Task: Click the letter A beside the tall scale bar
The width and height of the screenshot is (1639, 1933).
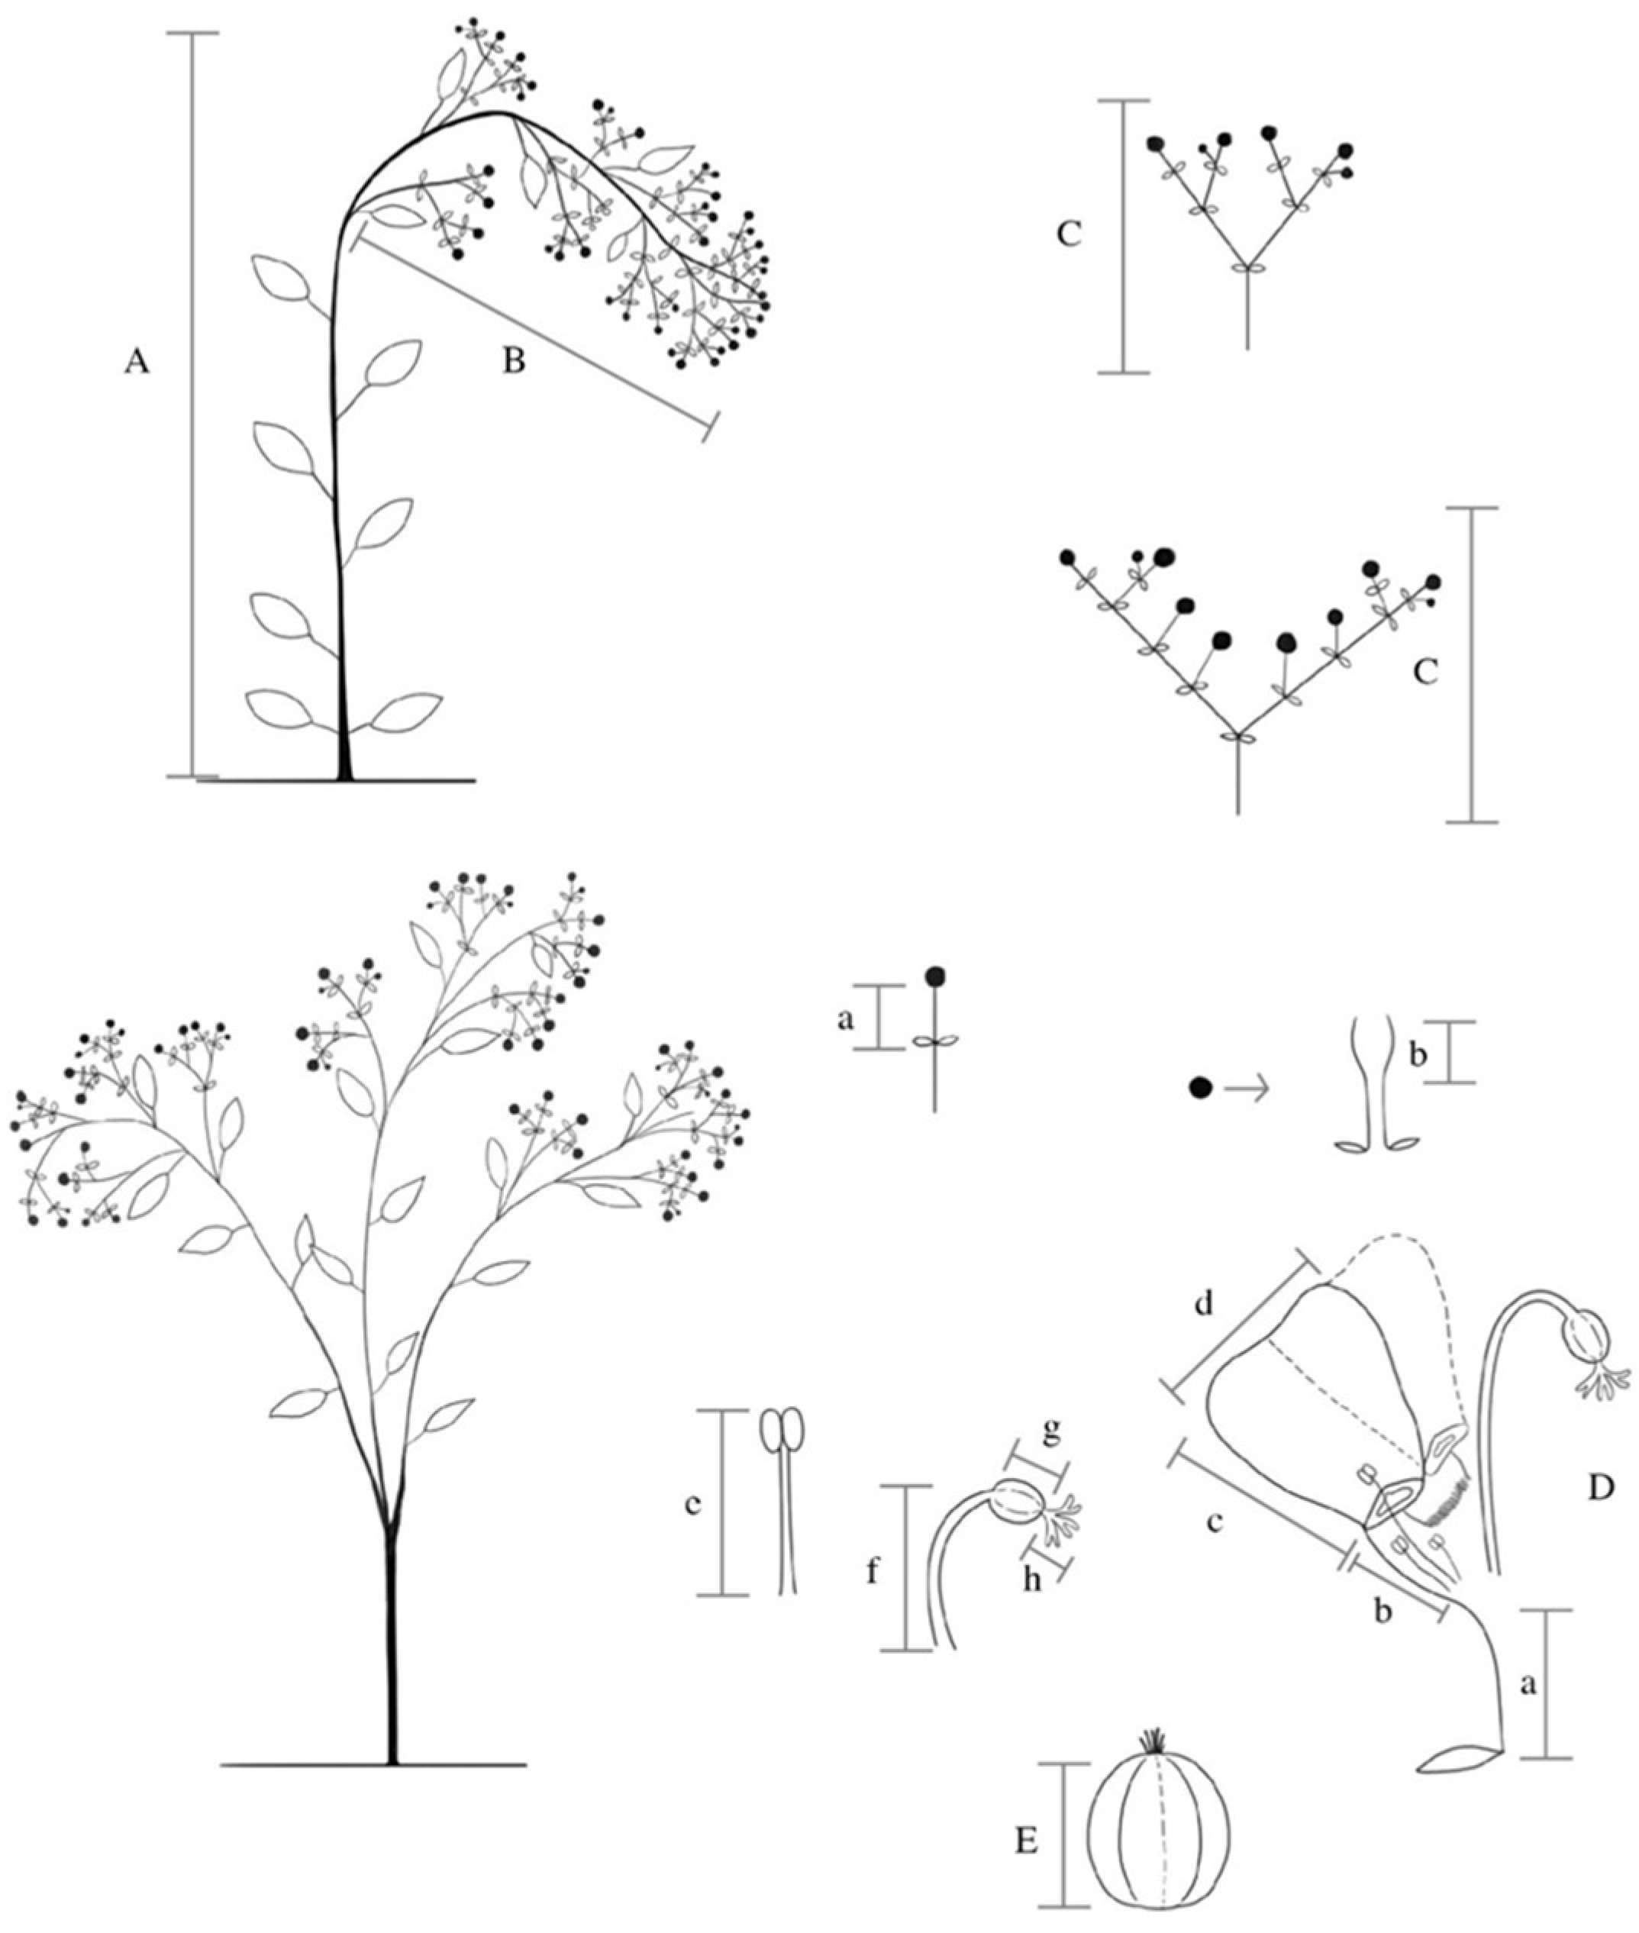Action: (136, 363)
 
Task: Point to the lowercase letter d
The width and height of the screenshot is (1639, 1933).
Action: (1204, 1305)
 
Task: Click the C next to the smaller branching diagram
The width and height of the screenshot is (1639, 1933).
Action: (1069, 235)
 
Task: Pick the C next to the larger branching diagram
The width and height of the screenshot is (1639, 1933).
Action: (1424, 672)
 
